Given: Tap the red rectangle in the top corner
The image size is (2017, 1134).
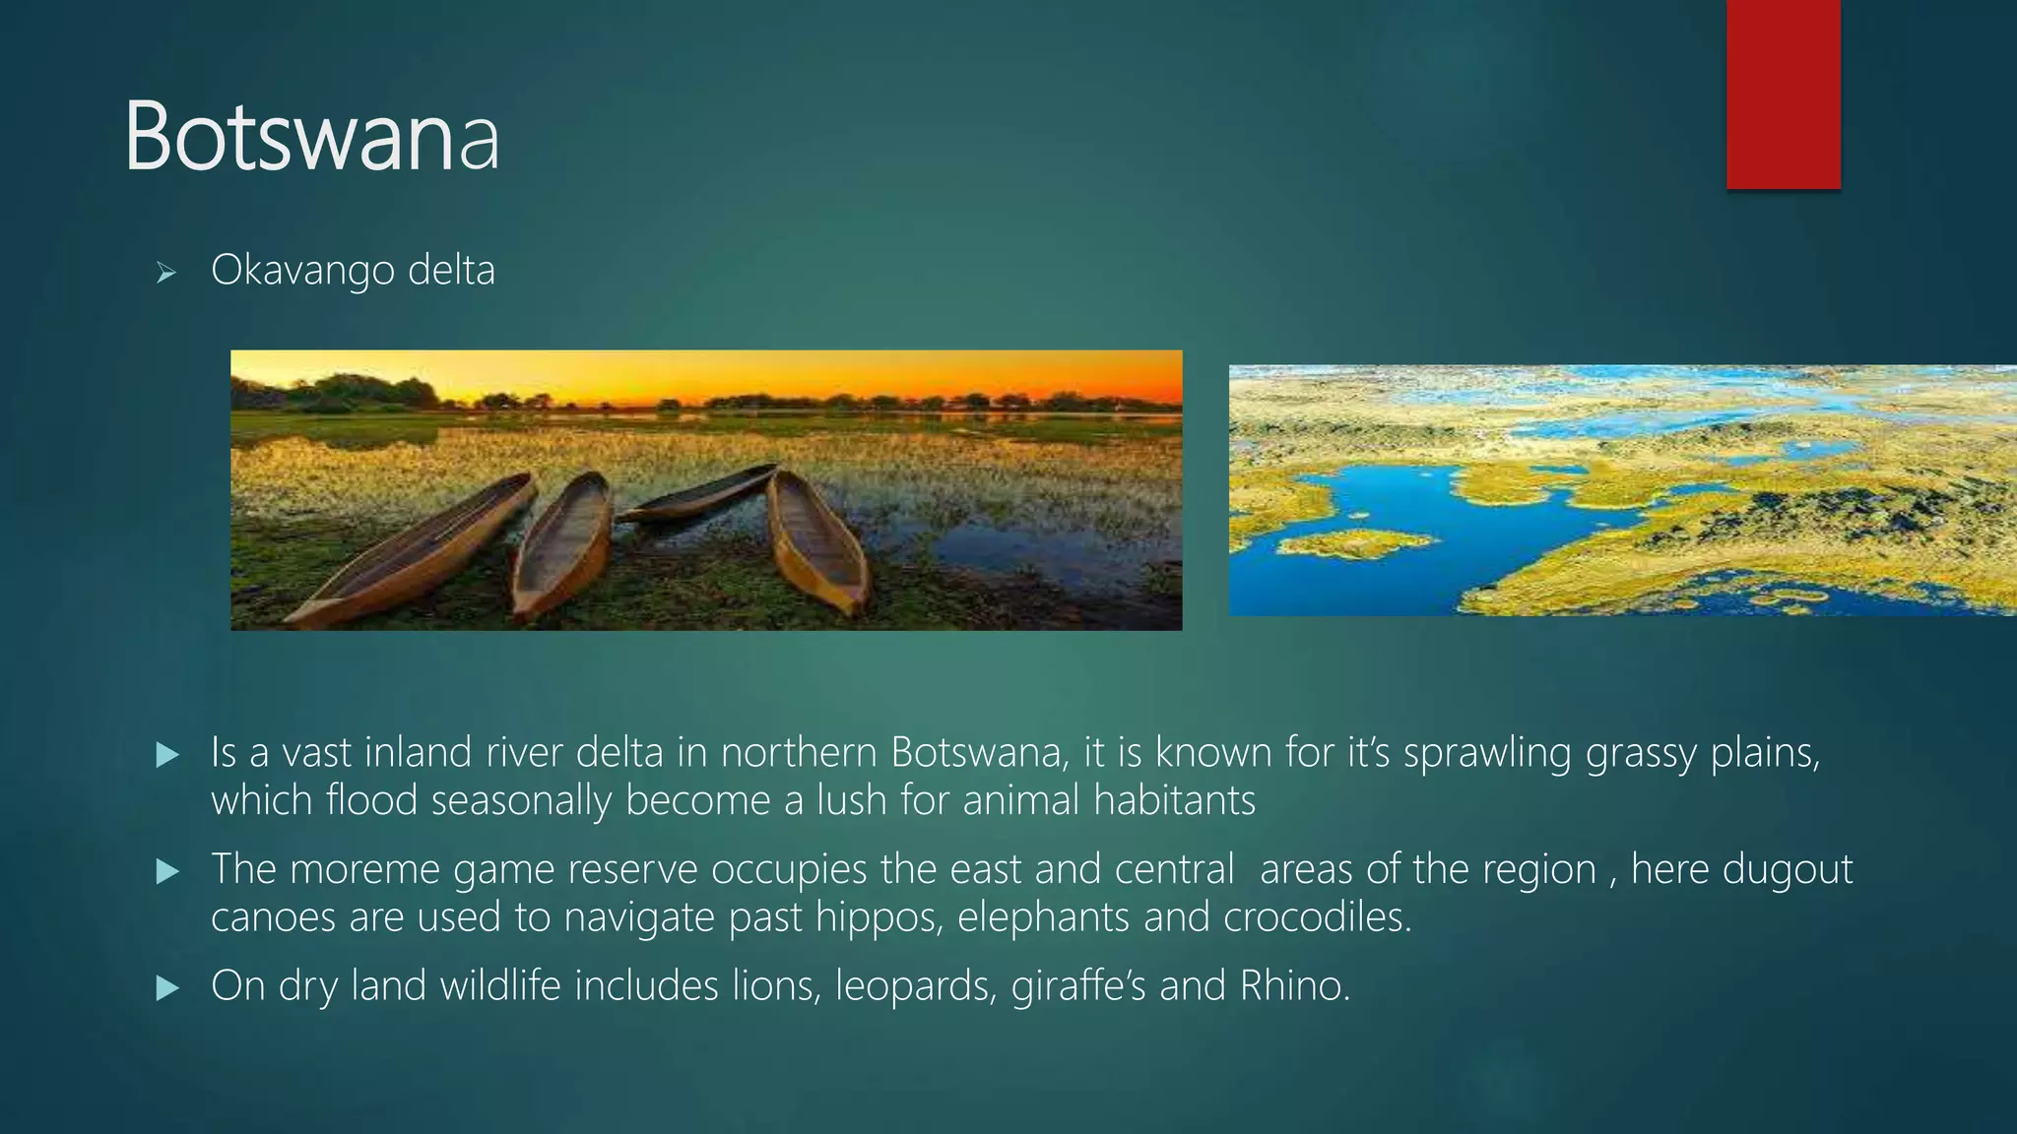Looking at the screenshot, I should pyautogui.click(x=1783, y=94).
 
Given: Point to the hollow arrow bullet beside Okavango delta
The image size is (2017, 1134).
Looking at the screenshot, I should pyautogui.click(x=165, y=273).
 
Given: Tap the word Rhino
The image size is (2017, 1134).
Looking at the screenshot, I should pyautogui.click(x=1294, y=985).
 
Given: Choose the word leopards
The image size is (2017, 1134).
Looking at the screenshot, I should pyautogui.click(x=913, y=986).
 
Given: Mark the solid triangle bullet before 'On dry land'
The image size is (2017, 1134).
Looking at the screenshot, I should pyautogui.click(x=167, y=987).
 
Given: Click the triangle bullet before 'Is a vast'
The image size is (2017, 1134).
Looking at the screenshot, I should pyautogui.click(x=167, y=755).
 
